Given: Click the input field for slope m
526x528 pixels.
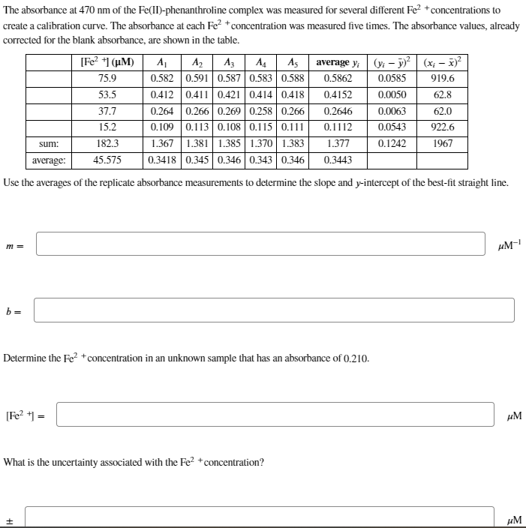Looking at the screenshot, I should pos(260,244).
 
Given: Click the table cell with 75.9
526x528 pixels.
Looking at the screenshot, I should pos(107,78).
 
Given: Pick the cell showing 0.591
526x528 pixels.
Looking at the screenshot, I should pos(198,78).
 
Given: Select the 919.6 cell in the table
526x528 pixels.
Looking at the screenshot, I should pos(442,78).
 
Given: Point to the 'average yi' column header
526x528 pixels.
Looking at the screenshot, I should pos(338,62).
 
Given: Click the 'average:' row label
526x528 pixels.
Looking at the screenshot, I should pos(49,160).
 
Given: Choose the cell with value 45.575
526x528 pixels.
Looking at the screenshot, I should pos(107,160).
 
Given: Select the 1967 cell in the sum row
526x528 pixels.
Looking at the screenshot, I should pos(442,143).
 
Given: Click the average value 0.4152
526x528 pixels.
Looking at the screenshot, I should pos(338,94).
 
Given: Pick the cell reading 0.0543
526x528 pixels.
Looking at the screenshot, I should pos(392,127).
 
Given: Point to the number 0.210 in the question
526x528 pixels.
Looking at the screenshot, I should pos(355,358).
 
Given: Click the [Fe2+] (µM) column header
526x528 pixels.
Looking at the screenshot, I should pos(107,62).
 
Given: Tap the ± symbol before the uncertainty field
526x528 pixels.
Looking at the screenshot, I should pos(11,518).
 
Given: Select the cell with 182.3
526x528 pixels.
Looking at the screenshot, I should pos(107,143).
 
